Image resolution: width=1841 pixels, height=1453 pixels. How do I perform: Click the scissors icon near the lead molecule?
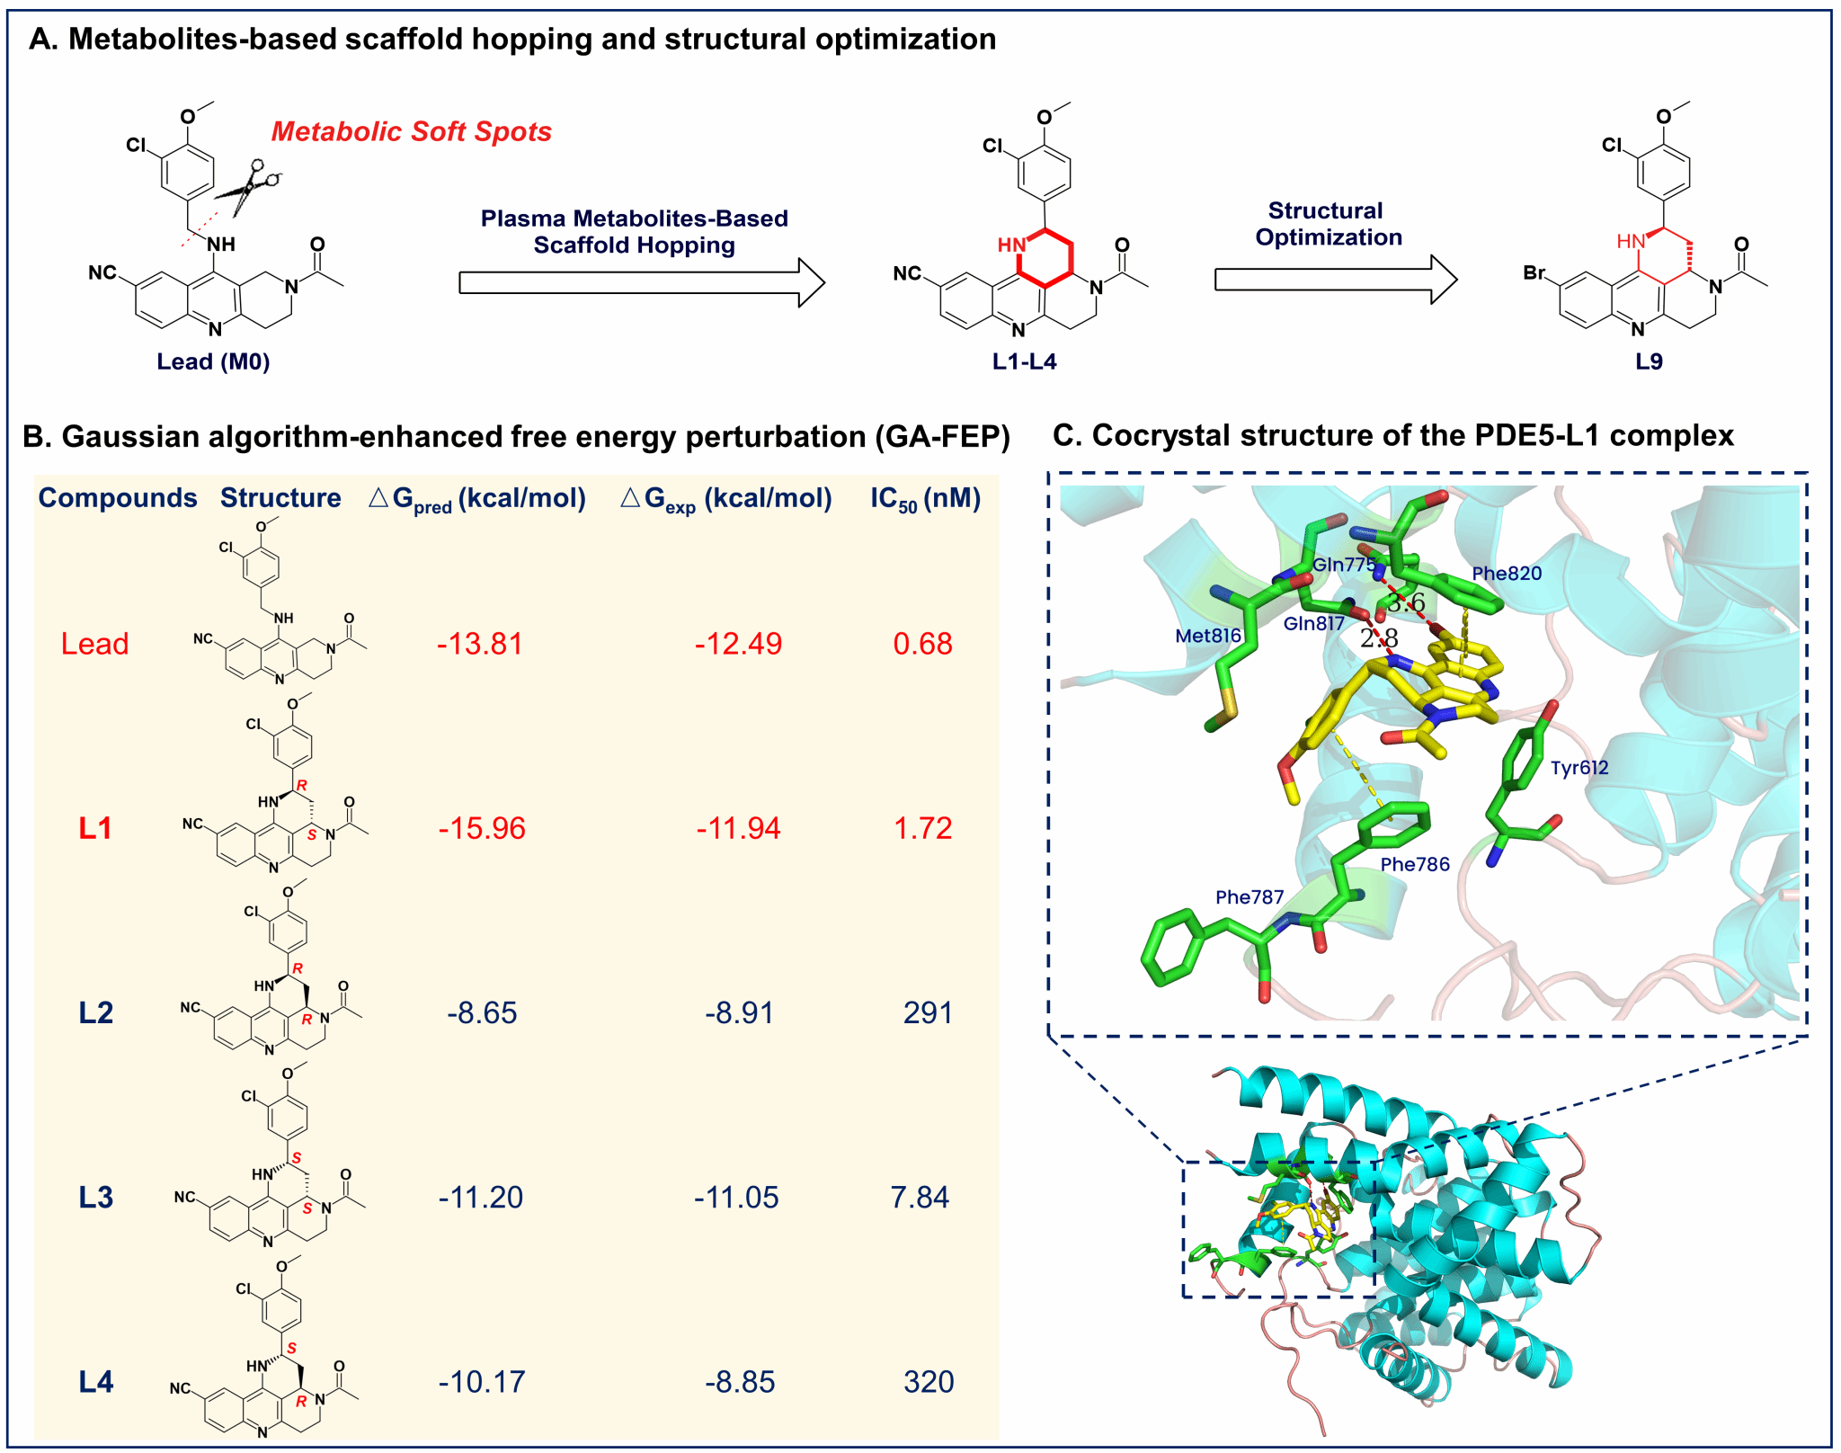tap(248, 187)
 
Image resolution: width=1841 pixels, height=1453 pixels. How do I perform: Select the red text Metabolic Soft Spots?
tap(411, 131)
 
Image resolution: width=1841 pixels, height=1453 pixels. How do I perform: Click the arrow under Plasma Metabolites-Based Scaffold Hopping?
tap(642, 282)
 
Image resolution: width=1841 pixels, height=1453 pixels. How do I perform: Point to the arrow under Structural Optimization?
tap(1336, 280)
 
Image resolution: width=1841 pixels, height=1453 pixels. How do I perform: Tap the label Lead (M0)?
tap(213, 361)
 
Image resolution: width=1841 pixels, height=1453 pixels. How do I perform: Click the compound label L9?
tap(1649, 361)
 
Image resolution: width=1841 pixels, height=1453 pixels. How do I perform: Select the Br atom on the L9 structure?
tap(1534, 272)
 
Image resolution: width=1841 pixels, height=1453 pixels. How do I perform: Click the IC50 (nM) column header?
tap(925, 499)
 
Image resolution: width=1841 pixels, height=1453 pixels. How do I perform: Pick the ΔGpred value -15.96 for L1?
tap(482, 828)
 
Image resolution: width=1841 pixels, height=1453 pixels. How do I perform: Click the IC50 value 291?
tap(928, 1012)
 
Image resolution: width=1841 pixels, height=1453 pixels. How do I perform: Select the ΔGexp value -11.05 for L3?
tap(736, 1198)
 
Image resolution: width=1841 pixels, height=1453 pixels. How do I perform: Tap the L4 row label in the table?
tap(96, 1382)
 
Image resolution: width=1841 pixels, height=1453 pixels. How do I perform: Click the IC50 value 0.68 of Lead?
tap(922, 644)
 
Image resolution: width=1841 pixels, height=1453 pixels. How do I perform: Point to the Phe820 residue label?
tap(1507, 574)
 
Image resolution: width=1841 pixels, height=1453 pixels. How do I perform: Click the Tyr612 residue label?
tap(1579, 768)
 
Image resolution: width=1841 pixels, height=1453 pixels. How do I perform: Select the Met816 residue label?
tap(1208, 636)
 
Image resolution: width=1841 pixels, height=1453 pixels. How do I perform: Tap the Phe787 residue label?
tap(1250, 897)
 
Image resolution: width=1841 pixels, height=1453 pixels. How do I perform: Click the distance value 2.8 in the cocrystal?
tap(1379, 638)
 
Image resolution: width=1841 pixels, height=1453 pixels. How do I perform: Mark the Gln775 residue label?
tap(1344, 565)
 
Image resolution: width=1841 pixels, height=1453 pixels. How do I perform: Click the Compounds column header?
tap(118, 498)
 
